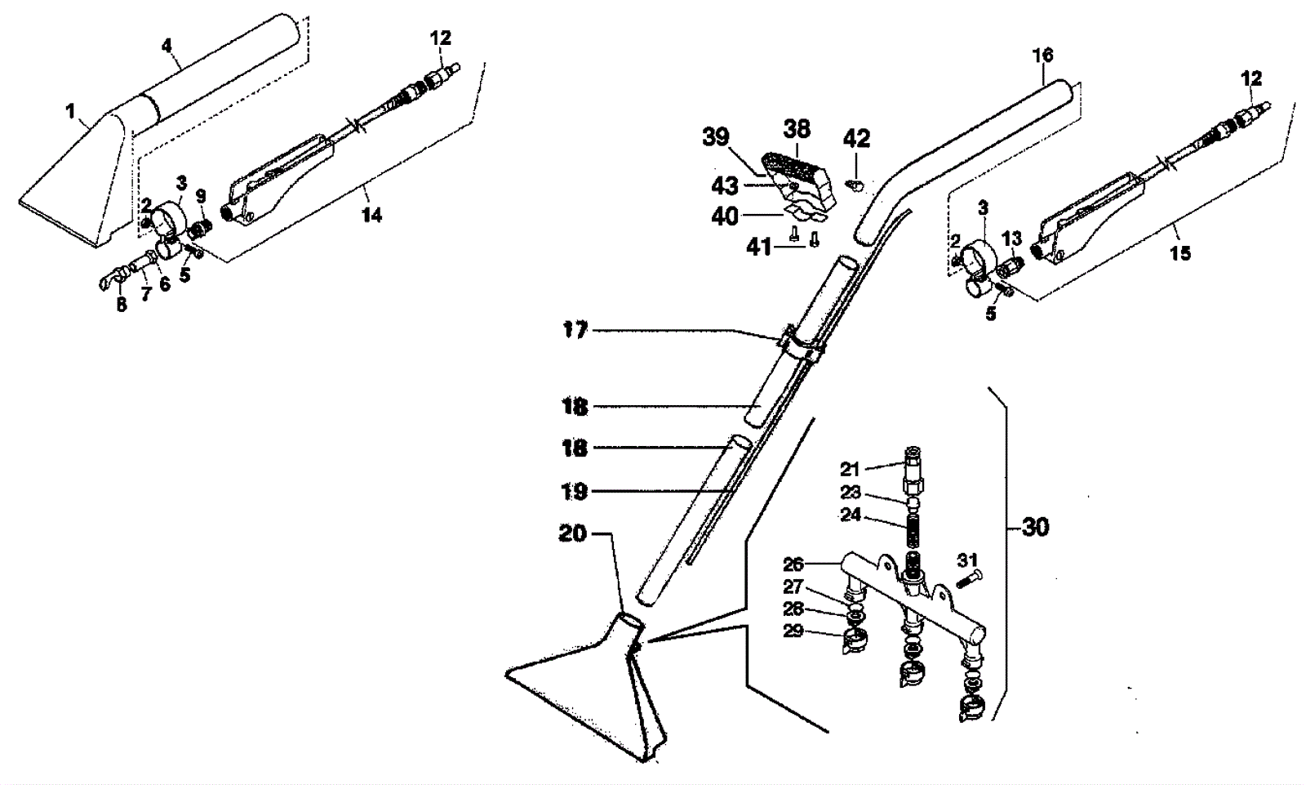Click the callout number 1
click(70, 109)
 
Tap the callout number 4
click(167, 45)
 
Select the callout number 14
click(371, 215)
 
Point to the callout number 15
click(1180, 253)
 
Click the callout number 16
click(1042, 56)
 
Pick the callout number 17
click(575, 331)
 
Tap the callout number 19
click(575, 492)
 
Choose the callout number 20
click(573, 533)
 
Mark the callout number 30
click(1035, 527)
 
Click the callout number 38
click(797, 128)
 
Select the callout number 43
click(726, 186)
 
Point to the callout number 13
click(1011, 238)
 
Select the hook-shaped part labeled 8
click(107, 281)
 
